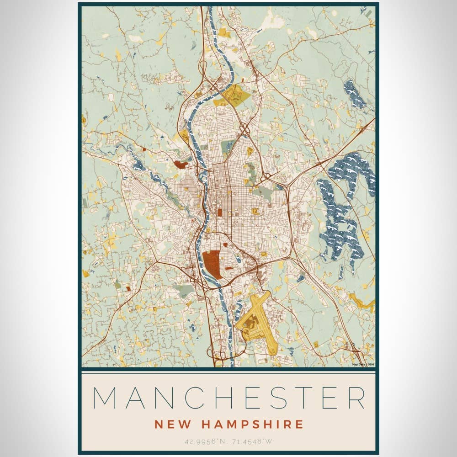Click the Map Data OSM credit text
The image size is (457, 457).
(363, 364)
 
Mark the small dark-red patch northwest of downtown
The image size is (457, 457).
(181, 163)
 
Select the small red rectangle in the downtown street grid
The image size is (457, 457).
(220, 213)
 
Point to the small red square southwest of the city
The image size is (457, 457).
(128, 288)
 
